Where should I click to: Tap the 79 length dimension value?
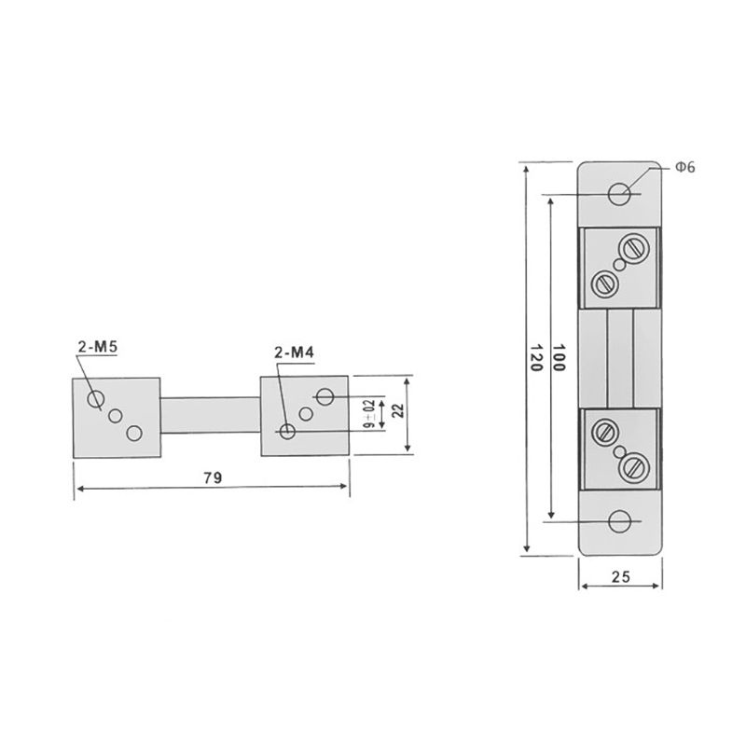click(212, 477)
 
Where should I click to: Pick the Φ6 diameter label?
click(684, 167)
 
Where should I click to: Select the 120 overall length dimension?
click(535, 359)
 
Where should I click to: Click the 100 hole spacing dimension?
click(560, 359)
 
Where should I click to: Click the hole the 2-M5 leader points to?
click(95, 400)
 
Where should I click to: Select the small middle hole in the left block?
click(117, 417)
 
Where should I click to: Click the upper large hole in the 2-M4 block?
click(325, 397)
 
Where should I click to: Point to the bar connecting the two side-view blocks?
click(211, 415)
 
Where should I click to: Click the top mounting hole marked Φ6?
click(619, 194)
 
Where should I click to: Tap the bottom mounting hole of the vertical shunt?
click(619, 523)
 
